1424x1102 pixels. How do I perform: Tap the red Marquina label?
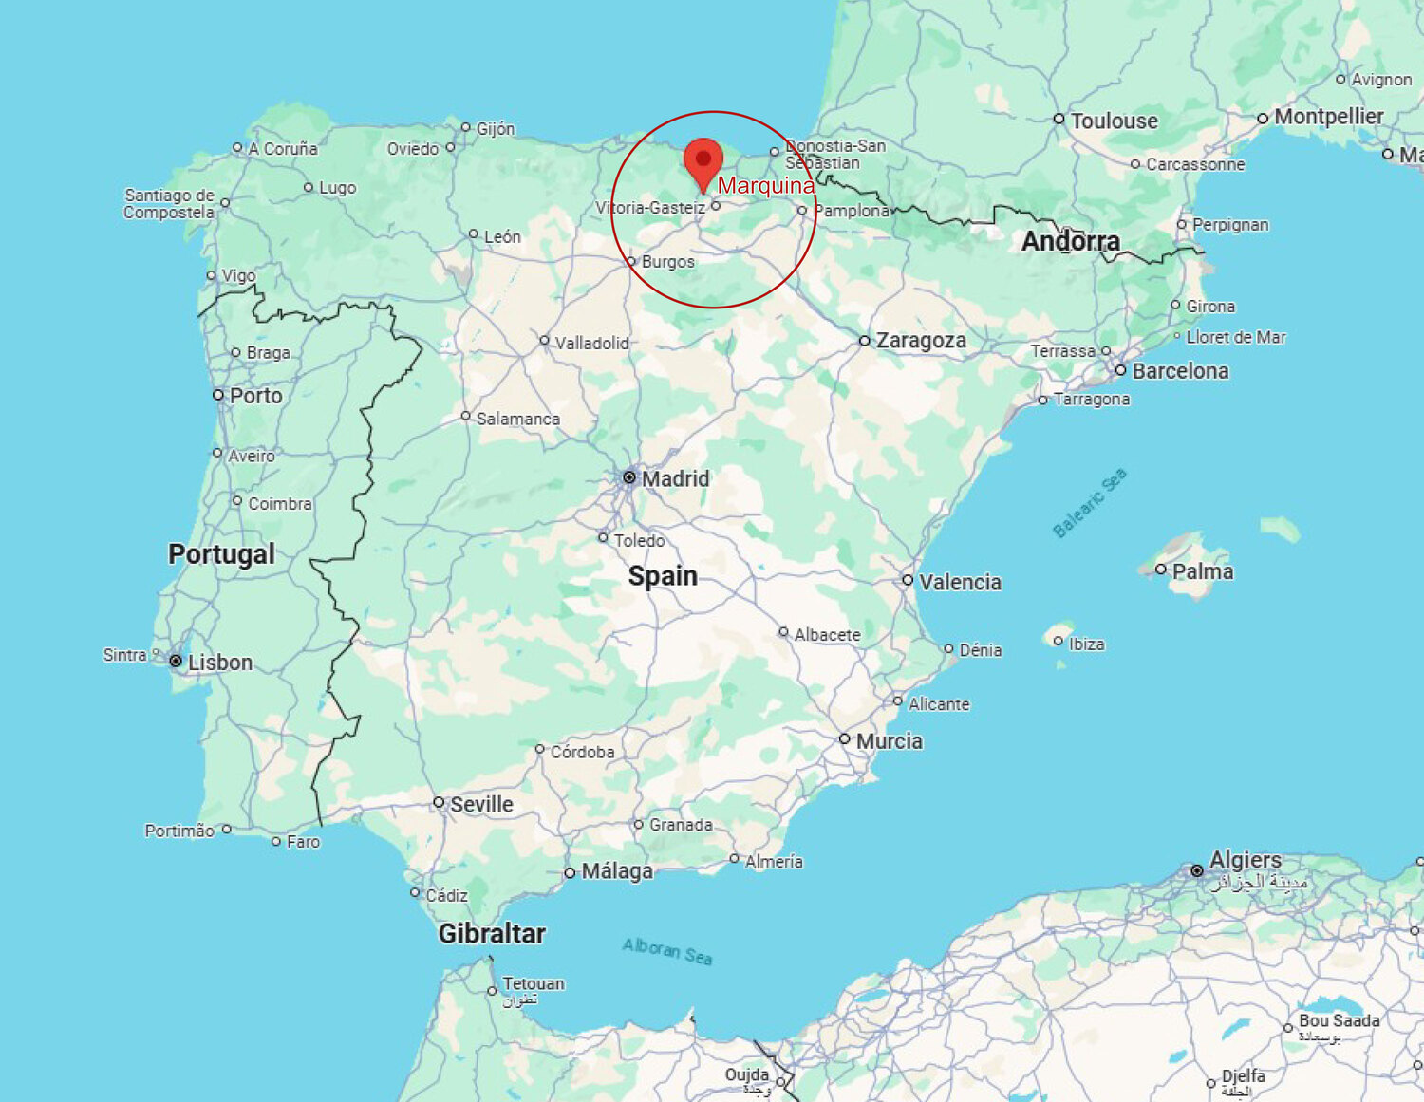point(765,186)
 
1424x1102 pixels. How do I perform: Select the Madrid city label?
point(675,479)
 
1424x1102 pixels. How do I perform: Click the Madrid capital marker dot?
point(629,477)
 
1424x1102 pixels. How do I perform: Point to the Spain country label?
point(663,576)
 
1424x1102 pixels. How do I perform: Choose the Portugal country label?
point(221,554)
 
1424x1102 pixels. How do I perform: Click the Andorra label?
point(1070,242)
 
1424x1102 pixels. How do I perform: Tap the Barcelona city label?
point(1180,371)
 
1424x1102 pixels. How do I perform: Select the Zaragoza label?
point(921,341)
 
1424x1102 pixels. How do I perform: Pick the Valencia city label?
point(960,582)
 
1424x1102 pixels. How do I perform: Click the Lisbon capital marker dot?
point(176,661)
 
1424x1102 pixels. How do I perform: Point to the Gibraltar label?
point(492,934)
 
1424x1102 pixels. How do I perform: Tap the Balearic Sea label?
point(1090,503)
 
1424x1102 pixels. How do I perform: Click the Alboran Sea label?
point(667,951)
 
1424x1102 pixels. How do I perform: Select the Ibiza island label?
point(1086,644)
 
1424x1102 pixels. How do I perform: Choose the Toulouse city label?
point(1114,121)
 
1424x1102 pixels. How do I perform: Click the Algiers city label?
point(1245,860)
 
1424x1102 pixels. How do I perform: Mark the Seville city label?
point(481,805)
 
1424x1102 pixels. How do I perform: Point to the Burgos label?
point(667,262)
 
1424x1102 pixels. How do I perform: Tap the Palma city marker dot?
point(1160,570)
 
